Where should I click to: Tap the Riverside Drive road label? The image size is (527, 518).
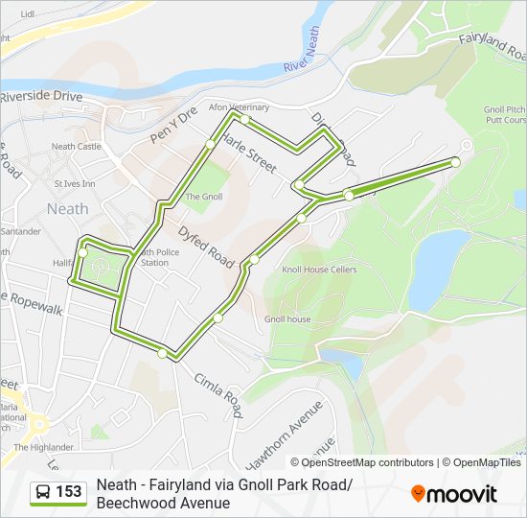pyautogui.click(x=41, y=97)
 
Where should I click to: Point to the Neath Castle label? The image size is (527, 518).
pyautogui.click(x=76, y=147)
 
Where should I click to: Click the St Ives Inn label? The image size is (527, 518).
pyautogui.click(x=75, y=183)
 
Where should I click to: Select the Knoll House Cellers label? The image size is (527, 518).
pyautogui.click(x=319, y=270)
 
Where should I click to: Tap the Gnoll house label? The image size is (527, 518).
pyautogui.click(x=287, y=318)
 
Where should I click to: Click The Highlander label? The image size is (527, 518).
pyautogui.click(x=43, y=447)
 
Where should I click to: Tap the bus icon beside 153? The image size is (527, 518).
pyautogui.click(x=43, y=493)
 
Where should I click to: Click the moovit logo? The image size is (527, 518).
pyautogui.click(x=454, y=493)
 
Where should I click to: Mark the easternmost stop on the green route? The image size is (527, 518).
pyautogui.click(x=455, y=162)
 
